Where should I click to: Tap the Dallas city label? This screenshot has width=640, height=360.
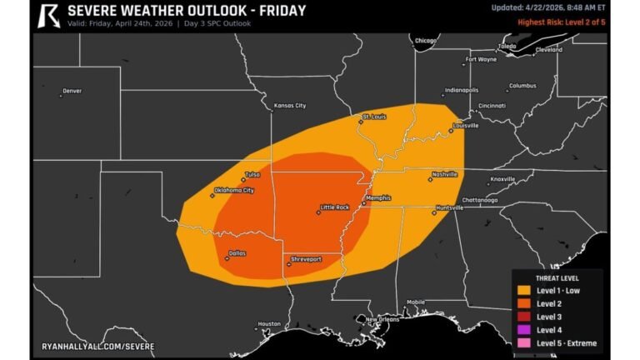click(237, 252)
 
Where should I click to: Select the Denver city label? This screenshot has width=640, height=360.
click(72, 91)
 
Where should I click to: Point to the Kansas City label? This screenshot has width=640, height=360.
click(290, 106)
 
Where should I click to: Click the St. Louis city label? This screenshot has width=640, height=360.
click(373, 117)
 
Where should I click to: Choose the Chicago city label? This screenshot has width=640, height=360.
click(426, 40)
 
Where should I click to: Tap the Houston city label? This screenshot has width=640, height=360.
click(269, 323)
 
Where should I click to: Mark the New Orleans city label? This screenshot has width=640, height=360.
click(382, 319)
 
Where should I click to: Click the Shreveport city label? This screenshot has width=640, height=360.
click(305, 259)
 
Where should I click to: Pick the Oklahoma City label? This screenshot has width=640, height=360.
click(234, 190)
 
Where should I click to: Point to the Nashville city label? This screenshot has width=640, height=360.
click(444, 175)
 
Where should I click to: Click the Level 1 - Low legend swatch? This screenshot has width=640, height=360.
click(524, 290)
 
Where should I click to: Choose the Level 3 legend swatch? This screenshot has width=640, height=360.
click(524, 317)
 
